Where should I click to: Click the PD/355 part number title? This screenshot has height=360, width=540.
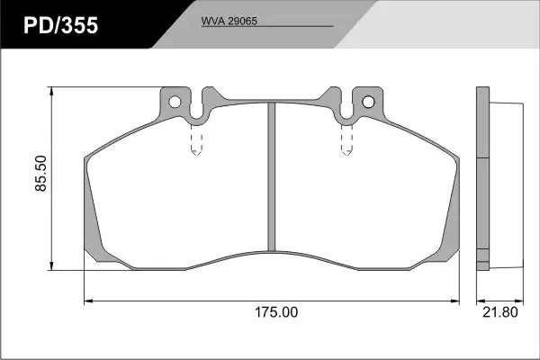[60, 25]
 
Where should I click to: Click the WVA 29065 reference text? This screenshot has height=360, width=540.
[229, 21]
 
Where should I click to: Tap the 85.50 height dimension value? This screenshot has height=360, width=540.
[41, 174]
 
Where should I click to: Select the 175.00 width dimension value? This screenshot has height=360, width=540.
[276, 312]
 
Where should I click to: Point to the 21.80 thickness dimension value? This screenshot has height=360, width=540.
[500, 312]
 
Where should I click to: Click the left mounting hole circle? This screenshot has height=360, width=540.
[175, 102]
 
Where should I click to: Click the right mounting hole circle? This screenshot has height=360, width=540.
[368, 102]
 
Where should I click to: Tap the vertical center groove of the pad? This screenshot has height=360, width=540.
[272, 176]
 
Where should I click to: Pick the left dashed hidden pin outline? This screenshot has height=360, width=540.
[196, 139]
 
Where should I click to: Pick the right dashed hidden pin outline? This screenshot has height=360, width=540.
[346, 139]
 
